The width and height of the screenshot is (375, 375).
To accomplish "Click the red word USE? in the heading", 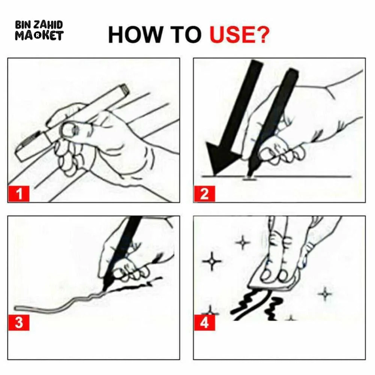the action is tap(239, 35).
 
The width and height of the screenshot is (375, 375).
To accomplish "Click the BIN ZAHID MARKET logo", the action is tap(39, 30).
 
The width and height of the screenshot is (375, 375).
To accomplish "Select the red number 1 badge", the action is tap(19, 194).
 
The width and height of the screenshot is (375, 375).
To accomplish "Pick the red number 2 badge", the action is tap(204, 194).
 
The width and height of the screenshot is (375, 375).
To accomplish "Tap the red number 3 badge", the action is tap(19, 322).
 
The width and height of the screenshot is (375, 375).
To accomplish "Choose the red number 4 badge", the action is tap(204, 322).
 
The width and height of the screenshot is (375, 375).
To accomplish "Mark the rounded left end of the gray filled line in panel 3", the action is tap(16, 308).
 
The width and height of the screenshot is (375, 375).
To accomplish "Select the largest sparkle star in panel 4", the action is tap(211, 261).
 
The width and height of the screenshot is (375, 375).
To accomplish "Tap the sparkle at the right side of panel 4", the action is tap(325, 294).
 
